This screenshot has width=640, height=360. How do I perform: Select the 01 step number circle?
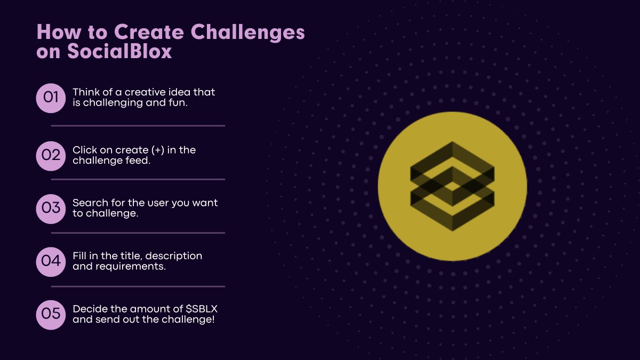point(51,98)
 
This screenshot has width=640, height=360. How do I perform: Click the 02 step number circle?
point(51,155)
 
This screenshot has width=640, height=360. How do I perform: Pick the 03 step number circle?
point(51,208)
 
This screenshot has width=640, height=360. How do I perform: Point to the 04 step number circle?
point(51,261)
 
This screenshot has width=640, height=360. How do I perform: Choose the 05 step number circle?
point(51,314)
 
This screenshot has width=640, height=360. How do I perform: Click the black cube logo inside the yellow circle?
point(452,186)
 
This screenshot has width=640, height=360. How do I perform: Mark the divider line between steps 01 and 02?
point(138,126)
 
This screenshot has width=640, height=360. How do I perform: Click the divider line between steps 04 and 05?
point(138,286)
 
